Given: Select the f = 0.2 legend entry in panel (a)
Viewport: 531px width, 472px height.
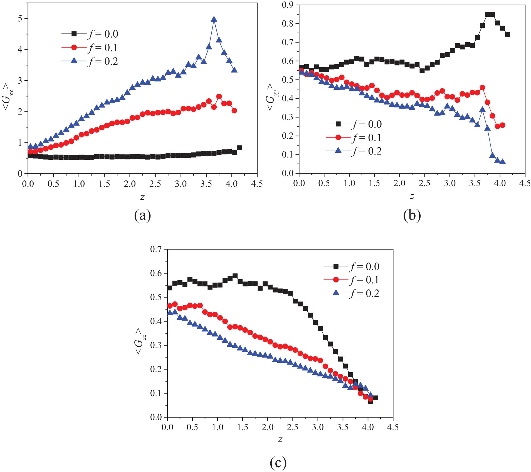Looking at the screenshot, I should click(x=90, y=61).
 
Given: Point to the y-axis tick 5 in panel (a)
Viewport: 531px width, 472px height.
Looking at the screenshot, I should click(x=20, y=19).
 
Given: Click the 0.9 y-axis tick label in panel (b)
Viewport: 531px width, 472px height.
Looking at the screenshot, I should click(x=288, y=5).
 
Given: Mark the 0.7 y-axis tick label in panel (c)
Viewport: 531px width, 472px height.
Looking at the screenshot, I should click(x=156, y=249).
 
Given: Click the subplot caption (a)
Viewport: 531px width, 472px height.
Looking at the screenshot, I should click(x=142, y=215).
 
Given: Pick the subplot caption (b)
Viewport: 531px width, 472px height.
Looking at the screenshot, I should click(x=412, y=215).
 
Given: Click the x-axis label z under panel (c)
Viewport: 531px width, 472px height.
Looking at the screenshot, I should click(x=280, y=439).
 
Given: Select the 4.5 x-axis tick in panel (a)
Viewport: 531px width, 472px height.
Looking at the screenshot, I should click(x=257, y=184).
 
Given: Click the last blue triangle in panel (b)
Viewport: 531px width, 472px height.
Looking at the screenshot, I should click(x=502, y=162).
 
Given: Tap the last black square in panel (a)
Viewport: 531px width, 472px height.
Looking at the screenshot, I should click(x=239, y=148).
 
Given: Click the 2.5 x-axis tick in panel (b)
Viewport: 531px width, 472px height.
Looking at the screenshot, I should click(x=424, y=183).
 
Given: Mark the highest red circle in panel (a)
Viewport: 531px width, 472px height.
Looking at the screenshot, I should click(x=219, y=96).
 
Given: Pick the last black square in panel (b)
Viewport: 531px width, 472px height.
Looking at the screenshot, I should click(x=507, y=34).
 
